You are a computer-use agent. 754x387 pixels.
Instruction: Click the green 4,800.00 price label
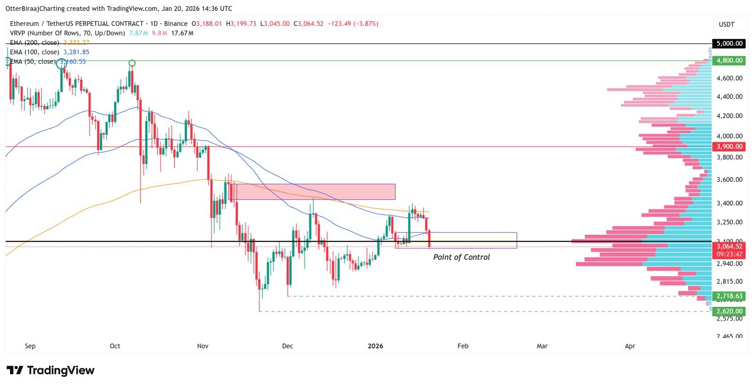729,60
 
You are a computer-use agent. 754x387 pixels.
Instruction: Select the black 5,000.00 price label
729,43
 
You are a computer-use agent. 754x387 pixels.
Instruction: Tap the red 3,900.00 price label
729,147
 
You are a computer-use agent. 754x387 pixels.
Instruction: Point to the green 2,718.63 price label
729,296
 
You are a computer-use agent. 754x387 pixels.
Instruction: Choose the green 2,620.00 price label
729,311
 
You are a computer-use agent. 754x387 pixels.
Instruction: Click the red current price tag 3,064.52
729,246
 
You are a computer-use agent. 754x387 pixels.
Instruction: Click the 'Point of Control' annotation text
461,257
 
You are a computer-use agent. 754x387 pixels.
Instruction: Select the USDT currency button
726,25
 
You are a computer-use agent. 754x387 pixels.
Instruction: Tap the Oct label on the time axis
115,346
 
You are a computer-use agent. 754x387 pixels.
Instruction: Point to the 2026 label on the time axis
375,346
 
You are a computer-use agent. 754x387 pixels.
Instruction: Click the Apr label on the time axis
630,346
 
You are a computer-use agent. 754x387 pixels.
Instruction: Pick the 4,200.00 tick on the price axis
729,115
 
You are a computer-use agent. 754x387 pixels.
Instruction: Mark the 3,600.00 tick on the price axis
729,179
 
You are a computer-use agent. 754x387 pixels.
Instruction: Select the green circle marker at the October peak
132,63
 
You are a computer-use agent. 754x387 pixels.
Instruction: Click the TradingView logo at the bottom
50,371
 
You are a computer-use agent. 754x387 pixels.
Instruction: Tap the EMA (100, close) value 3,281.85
76,52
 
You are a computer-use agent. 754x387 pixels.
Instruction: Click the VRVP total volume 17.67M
182,33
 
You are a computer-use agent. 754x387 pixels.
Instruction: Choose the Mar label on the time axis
542,346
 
